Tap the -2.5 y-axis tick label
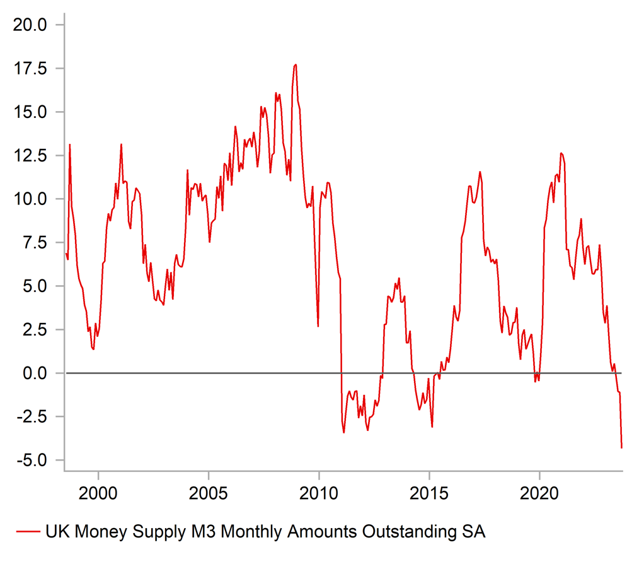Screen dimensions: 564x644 tap(32, 416)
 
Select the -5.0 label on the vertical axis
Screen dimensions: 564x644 tap(32, 460)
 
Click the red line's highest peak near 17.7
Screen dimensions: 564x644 tap(296, 64)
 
